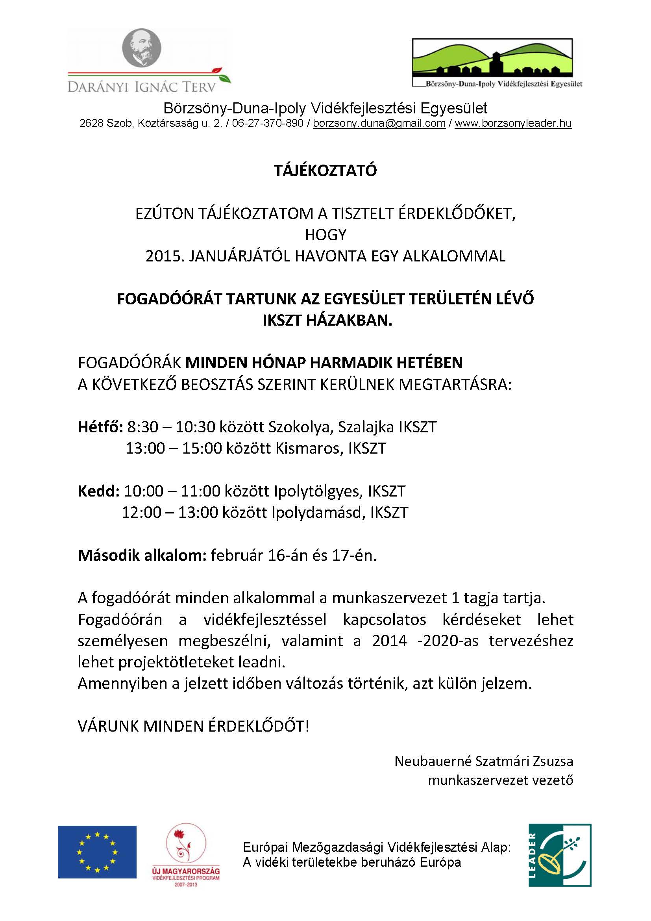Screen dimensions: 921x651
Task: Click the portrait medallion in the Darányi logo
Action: point(142,48)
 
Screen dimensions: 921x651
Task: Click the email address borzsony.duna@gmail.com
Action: point(379,123)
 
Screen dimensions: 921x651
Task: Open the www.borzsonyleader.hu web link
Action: point(513,123)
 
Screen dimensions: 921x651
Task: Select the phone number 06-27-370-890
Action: point(267,123)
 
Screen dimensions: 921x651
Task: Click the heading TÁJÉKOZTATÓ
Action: point(325,171)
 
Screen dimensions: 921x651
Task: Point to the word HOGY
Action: point(325,235)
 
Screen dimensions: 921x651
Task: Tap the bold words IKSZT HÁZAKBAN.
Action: point(327,321)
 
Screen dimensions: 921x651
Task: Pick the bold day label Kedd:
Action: point(98,491)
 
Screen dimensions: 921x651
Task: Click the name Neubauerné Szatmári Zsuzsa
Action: point(483,761)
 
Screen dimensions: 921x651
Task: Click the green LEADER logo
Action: point(560,855)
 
